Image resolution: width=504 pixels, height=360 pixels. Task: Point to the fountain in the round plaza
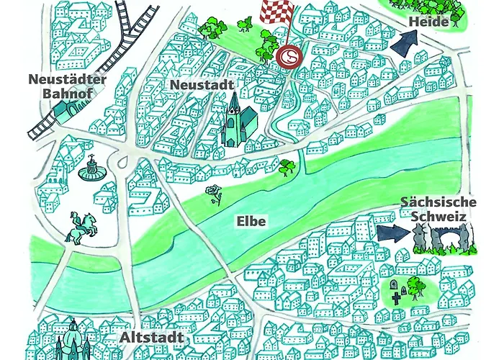pyautogui.click(x=91, y=171)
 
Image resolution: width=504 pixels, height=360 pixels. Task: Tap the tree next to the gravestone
pyautogui.click(x=414, y=285)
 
